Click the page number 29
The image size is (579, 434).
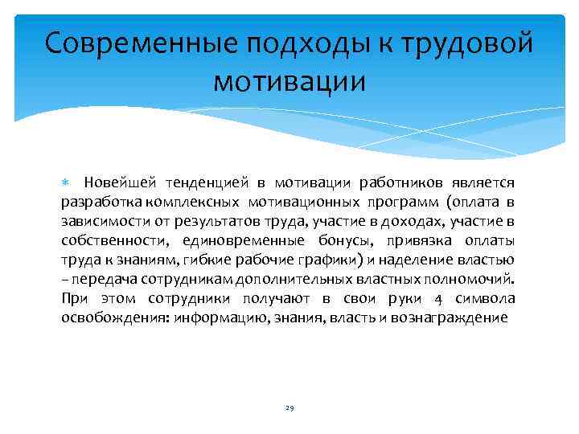[289, 409]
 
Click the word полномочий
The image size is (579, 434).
[478, 279]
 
